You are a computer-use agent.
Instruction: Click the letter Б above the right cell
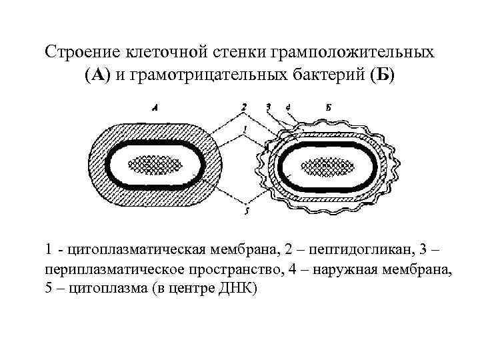[331, 107]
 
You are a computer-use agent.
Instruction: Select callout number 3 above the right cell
[267, 107]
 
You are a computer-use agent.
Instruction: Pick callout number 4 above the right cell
[287, 107]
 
